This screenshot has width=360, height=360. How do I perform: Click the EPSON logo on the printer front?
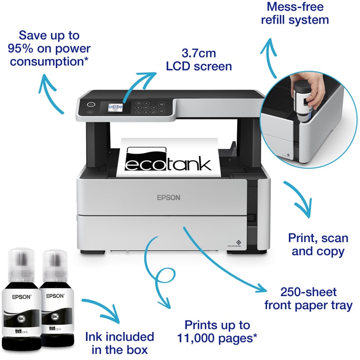coord(168,197)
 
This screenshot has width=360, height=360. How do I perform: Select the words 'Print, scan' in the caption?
coord(318,237)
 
